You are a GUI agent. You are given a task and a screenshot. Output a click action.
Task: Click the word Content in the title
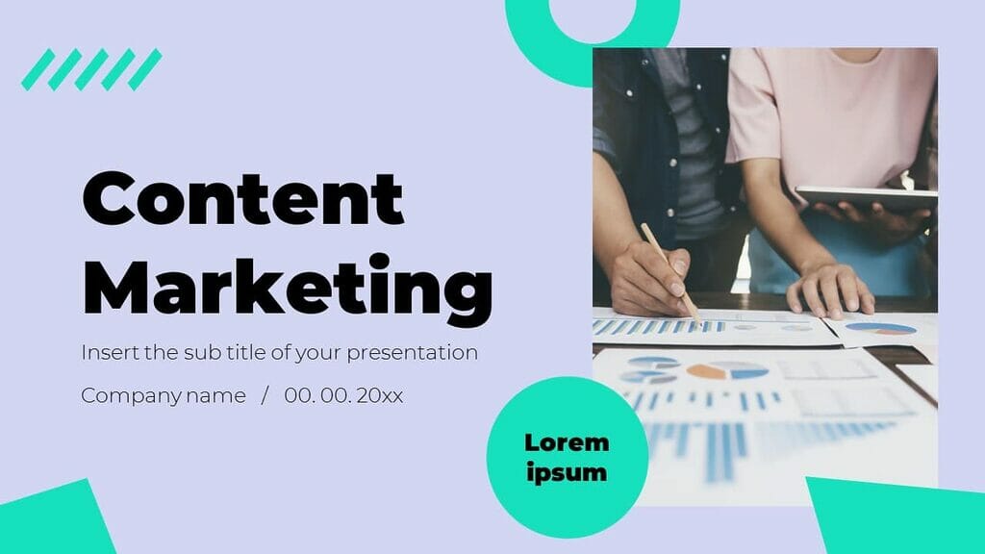(242, 199)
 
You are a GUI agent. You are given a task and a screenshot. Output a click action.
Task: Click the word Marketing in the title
(288, 284)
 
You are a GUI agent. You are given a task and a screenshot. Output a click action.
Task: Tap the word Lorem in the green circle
(567, 442)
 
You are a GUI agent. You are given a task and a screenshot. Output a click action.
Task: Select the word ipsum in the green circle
(567, 472)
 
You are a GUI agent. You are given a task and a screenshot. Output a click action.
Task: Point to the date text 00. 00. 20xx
(343, 395)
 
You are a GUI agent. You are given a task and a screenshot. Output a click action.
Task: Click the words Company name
(164, 395)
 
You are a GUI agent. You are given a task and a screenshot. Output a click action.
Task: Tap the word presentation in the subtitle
(412, 352)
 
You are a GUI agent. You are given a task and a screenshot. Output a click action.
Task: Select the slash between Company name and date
(265, 395)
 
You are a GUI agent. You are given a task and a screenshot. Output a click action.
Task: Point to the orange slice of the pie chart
(705, 370)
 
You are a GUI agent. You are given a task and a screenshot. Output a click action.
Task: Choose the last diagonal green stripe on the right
(145, 70)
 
